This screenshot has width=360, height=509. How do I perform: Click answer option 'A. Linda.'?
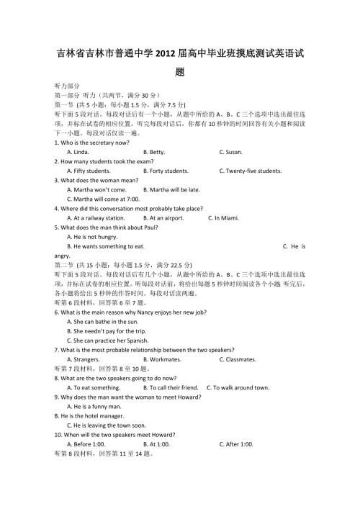click(x=78, y=153)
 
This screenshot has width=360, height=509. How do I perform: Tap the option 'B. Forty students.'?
click(x=166, y=171)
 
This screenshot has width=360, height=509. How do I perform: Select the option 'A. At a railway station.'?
click(x=96, y=218)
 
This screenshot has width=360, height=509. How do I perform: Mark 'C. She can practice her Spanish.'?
click(x=107, y=340)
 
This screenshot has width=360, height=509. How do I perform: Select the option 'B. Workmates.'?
click(x=163, y=359)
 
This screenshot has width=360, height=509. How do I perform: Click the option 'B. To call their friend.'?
click(x=169, y=387)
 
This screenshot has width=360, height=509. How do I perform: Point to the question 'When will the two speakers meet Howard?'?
click(x=115, y=434)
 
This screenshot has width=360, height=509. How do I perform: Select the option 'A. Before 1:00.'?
click(x=86, y=443)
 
